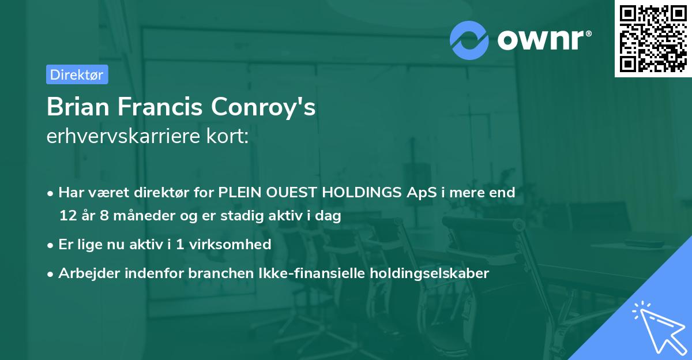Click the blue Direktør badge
pyautogui.click(x=77, y=74)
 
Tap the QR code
pyautogui.click(x=653, y=38)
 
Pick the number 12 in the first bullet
pyautogui.click(x=68, y=216)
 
